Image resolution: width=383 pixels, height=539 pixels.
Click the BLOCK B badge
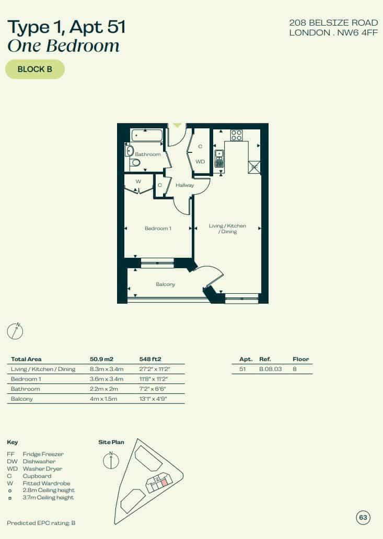pos(35,69)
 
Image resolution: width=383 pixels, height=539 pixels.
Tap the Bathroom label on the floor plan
pos(148,154)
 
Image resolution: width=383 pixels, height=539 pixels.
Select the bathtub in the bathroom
pos(147,135)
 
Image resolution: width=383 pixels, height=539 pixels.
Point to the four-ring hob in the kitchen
pos(236,135)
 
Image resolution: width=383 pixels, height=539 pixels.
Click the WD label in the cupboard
pos(200,162)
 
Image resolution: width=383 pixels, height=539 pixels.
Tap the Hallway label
pos(185,185)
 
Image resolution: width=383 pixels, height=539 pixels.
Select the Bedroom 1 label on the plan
pos(158,228)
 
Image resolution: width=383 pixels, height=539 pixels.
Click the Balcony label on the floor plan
pos(166,284)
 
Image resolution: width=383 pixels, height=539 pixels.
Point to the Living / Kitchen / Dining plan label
pos(227,229)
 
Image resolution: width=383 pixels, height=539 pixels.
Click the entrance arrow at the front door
pos(177,125)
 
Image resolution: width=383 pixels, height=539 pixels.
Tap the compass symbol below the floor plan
pos(15,331)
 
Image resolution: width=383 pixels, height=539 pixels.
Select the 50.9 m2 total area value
pos(101,359)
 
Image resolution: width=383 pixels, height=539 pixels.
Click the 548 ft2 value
pos(150,359)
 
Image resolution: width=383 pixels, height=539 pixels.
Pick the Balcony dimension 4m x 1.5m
pos(103,399)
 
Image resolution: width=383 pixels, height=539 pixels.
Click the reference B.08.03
pos(271,369)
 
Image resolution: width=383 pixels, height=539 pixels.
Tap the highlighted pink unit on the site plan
pos(165,483)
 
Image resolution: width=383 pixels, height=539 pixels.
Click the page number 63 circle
pos(363,517)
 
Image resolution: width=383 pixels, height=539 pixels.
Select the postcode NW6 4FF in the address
pos(357,33)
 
